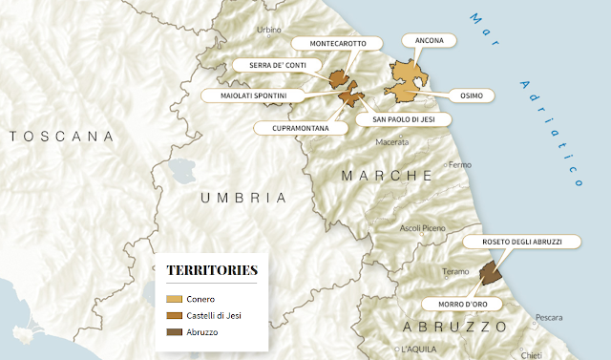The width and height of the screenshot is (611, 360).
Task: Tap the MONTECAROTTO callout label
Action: click(335, 43)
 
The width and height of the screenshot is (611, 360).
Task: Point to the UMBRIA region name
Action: click(242, 197)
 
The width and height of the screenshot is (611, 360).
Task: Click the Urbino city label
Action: click(268, 30)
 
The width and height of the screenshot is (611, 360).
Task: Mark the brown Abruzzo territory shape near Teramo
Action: click(489, 275)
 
